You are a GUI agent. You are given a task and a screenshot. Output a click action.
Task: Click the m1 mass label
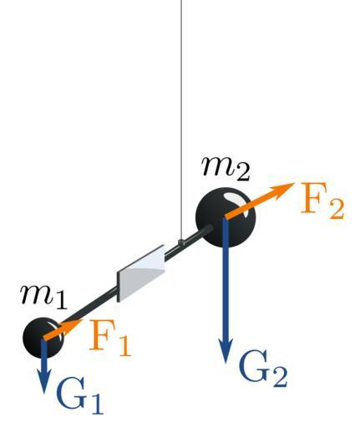[43, 298]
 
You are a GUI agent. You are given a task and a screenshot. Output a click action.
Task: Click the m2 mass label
[226, 168]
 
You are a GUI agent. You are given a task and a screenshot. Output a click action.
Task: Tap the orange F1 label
[109, 339]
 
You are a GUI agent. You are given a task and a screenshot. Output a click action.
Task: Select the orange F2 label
[322, 200]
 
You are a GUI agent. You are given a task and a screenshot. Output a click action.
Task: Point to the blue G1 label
[79, 396]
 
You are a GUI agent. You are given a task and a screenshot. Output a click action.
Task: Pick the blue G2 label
[262, 369]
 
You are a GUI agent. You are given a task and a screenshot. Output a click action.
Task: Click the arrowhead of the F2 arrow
[285, 189]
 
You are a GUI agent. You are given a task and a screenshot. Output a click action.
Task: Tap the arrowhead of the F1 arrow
[75, 324]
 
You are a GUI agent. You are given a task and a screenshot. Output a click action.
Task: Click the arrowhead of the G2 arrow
[226, 350]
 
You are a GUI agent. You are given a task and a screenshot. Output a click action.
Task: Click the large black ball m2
[226, 217]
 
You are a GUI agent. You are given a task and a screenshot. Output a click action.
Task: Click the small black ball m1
[43, 338]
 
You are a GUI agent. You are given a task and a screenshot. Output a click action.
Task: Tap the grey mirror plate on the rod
[141, 273]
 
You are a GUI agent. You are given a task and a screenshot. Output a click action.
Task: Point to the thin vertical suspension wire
[181, 120]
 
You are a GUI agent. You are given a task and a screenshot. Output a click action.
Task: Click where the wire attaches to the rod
[181, 242]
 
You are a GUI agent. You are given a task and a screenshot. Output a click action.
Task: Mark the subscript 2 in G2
[278, 377]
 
